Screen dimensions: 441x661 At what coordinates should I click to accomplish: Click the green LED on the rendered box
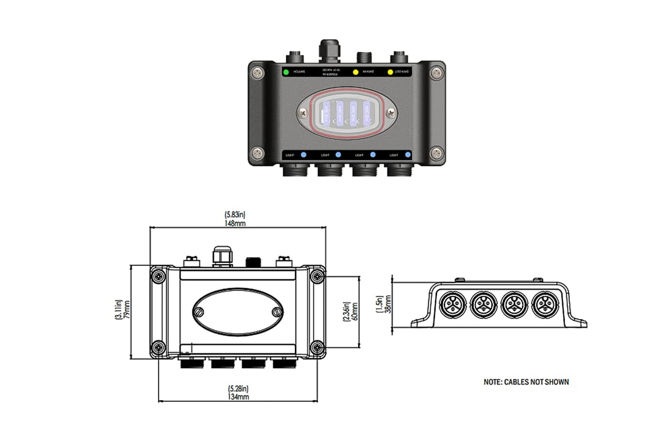[285, 72]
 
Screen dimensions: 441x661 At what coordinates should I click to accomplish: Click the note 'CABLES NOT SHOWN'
[526, 382]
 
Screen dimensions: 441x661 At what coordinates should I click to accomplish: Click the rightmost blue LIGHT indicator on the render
[408, 155]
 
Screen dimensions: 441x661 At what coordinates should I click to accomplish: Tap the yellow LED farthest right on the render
[390, 72]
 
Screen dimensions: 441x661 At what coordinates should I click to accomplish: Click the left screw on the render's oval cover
[305, 112]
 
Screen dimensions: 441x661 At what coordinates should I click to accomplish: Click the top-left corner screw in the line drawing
[159, 277]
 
